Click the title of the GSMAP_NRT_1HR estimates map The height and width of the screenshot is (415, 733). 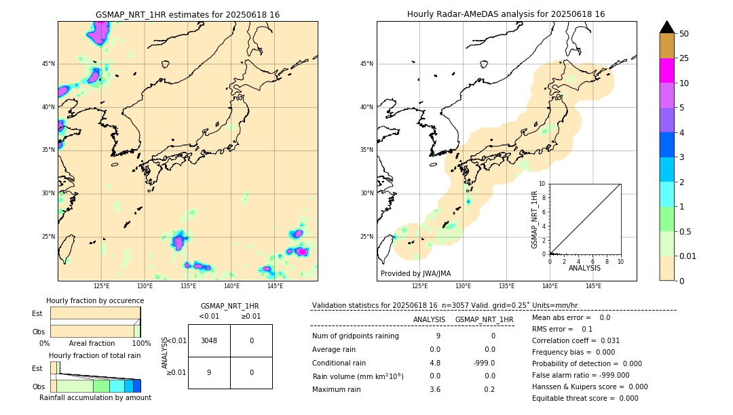[x=187, y=14]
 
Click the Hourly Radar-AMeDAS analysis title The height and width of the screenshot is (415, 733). [x=506, y=14]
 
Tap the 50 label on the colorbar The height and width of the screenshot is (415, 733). [x=684, y=34]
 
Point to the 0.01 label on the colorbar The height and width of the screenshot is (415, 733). [x=688, y=256]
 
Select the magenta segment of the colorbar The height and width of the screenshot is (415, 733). [x=666, y=71]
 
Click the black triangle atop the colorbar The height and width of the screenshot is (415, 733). [x=666, y=27]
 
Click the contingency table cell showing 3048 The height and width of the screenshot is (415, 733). [x=209, y=340]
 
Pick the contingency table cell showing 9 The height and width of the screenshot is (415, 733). [x=209, y=372]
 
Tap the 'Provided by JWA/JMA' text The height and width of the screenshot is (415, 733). [x=415, y=273]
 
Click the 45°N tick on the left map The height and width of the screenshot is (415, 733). [x=48, y=64]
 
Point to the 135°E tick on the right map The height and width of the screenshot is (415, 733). [x=506, y=286]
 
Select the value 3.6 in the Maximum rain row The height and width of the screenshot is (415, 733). [x=434, y=389]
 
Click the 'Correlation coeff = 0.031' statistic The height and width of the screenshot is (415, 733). [x=576, y=340]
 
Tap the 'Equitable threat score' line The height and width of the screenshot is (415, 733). [x=585, y=398]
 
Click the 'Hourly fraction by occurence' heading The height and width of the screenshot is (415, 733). [x=95, y=300]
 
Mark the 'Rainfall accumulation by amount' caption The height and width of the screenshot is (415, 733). [x=95, y=397]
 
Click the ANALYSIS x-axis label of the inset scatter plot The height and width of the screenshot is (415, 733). [x=584, y=268]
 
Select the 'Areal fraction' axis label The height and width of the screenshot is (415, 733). [x=92, y=343]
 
